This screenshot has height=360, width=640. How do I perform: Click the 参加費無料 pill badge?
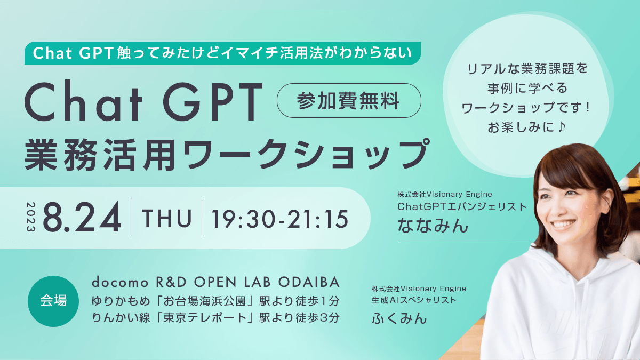(349, 100)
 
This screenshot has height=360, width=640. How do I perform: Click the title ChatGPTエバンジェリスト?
(462, 206)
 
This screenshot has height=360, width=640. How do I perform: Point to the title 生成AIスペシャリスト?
(414, 300)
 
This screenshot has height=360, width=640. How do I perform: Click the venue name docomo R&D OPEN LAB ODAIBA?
(216, 282)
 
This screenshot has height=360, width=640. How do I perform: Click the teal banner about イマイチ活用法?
(223, 53)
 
